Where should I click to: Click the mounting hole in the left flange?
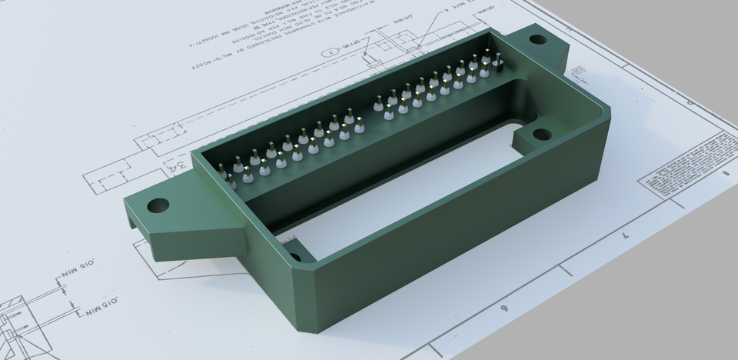pos(158,205)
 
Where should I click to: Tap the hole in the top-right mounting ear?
pos(537,38)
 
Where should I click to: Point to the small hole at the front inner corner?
pos(294,258)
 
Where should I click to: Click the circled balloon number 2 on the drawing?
pos(330,52)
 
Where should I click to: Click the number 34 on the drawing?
pos(178,168)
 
